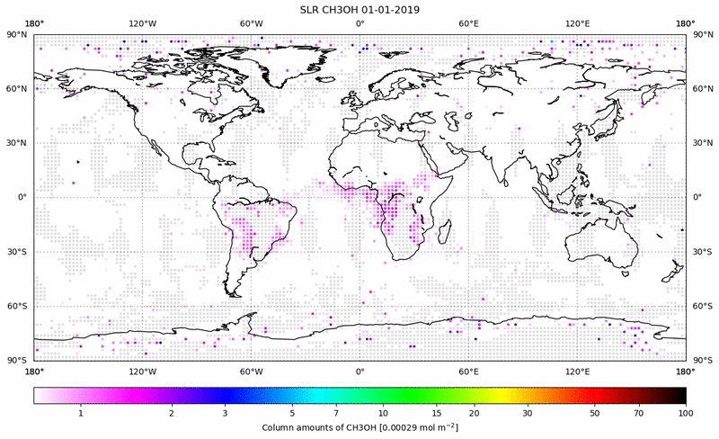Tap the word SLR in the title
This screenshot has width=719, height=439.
[311, 9]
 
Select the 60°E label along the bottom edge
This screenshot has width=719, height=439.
[468, 371]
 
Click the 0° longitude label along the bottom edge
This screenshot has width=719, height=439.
[359, 371]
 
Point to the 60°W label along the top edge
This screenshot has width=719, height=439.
[251, 22]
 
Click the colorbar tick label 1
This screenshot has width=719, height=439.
[81, 413]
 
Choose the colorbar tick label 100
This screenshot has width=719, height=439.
[686, 413]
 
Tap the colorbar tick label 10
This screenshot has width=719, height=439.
[384, 413]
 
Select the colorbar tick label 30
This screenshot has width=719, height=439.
[528, 413]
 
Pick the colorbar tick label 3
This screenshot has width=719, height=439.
[226, 413]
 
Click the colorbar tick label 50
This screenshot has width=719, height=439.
[595, 413]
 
